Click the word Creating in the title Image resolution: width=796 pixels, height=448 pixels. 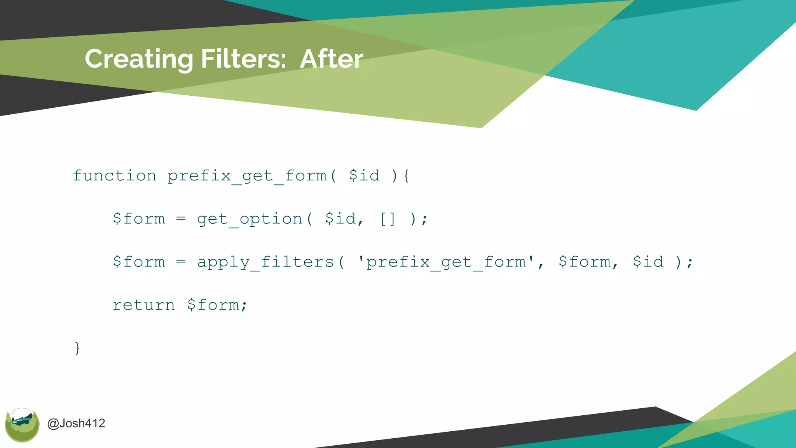(139, 59)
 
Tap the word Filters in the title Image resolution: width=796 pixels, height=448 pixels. (243, 59)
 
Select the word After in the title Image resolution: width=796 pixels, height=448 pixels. (332, 59)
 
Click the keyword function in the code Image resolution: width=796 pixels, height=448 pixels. (115, 176)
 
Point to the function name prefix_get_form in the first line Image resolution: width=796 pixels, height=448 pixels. (247, 176)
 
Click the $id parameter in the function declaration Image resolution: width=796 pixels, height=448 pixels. (364, 176)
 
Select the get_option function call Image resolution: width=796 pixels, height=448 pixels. (250, 219)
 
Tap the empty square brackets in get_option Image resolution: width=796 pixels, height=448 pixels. (388, 219)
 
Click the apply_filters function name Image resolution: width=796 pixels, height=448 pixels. (265, 262)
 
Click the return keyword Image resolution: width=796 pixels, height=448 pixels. (144, 305)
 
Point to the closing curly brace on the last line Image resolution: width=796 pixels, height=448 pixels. (77, 348)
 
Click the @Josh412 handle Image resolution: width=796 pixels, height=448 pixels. (76, 423)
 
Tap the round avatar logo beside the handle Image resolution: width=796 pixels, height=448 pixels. (22, 425)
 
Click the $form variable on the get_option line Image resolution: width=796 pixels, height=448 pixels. (139, 219)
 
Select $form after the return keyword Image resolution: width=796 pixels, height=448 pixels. (217, 305)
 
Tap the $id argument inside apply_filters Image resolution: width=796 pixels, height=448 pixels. (648, 262)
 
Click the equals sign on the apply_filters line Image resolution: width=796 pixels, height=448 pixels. (181, 262)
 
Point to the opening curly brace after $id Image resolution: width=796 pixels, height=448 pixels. (406, 176)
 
